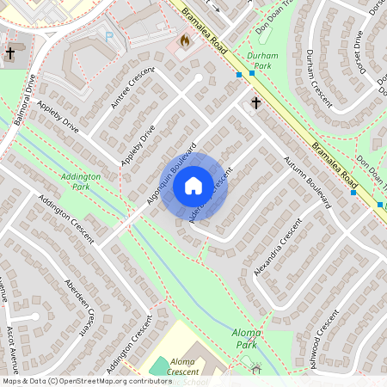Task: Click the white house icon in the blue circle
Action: pyautogui.click(x=193, y=185)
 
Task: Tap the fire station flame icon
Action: pyautogui.click(x=183, y=40)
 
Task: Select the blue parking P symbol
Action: pyautogui.click(x=109, y=36)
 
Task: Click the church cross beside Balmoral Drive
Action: pyautogui.click(x=10, y=53)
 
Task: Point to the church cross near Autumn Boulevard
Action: pyautogui.click(x=255, y=103)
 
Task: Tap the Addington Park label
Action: pyautogui.click(x=81, y=181)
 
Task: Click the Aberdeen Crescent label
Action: pyautogui.click(x=79, y=306)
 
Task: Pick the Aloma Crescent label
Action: pyautogui.click(x=184, y=367)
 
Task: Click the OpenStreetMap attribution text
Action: pyautogui.click(x=86, y=380)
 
